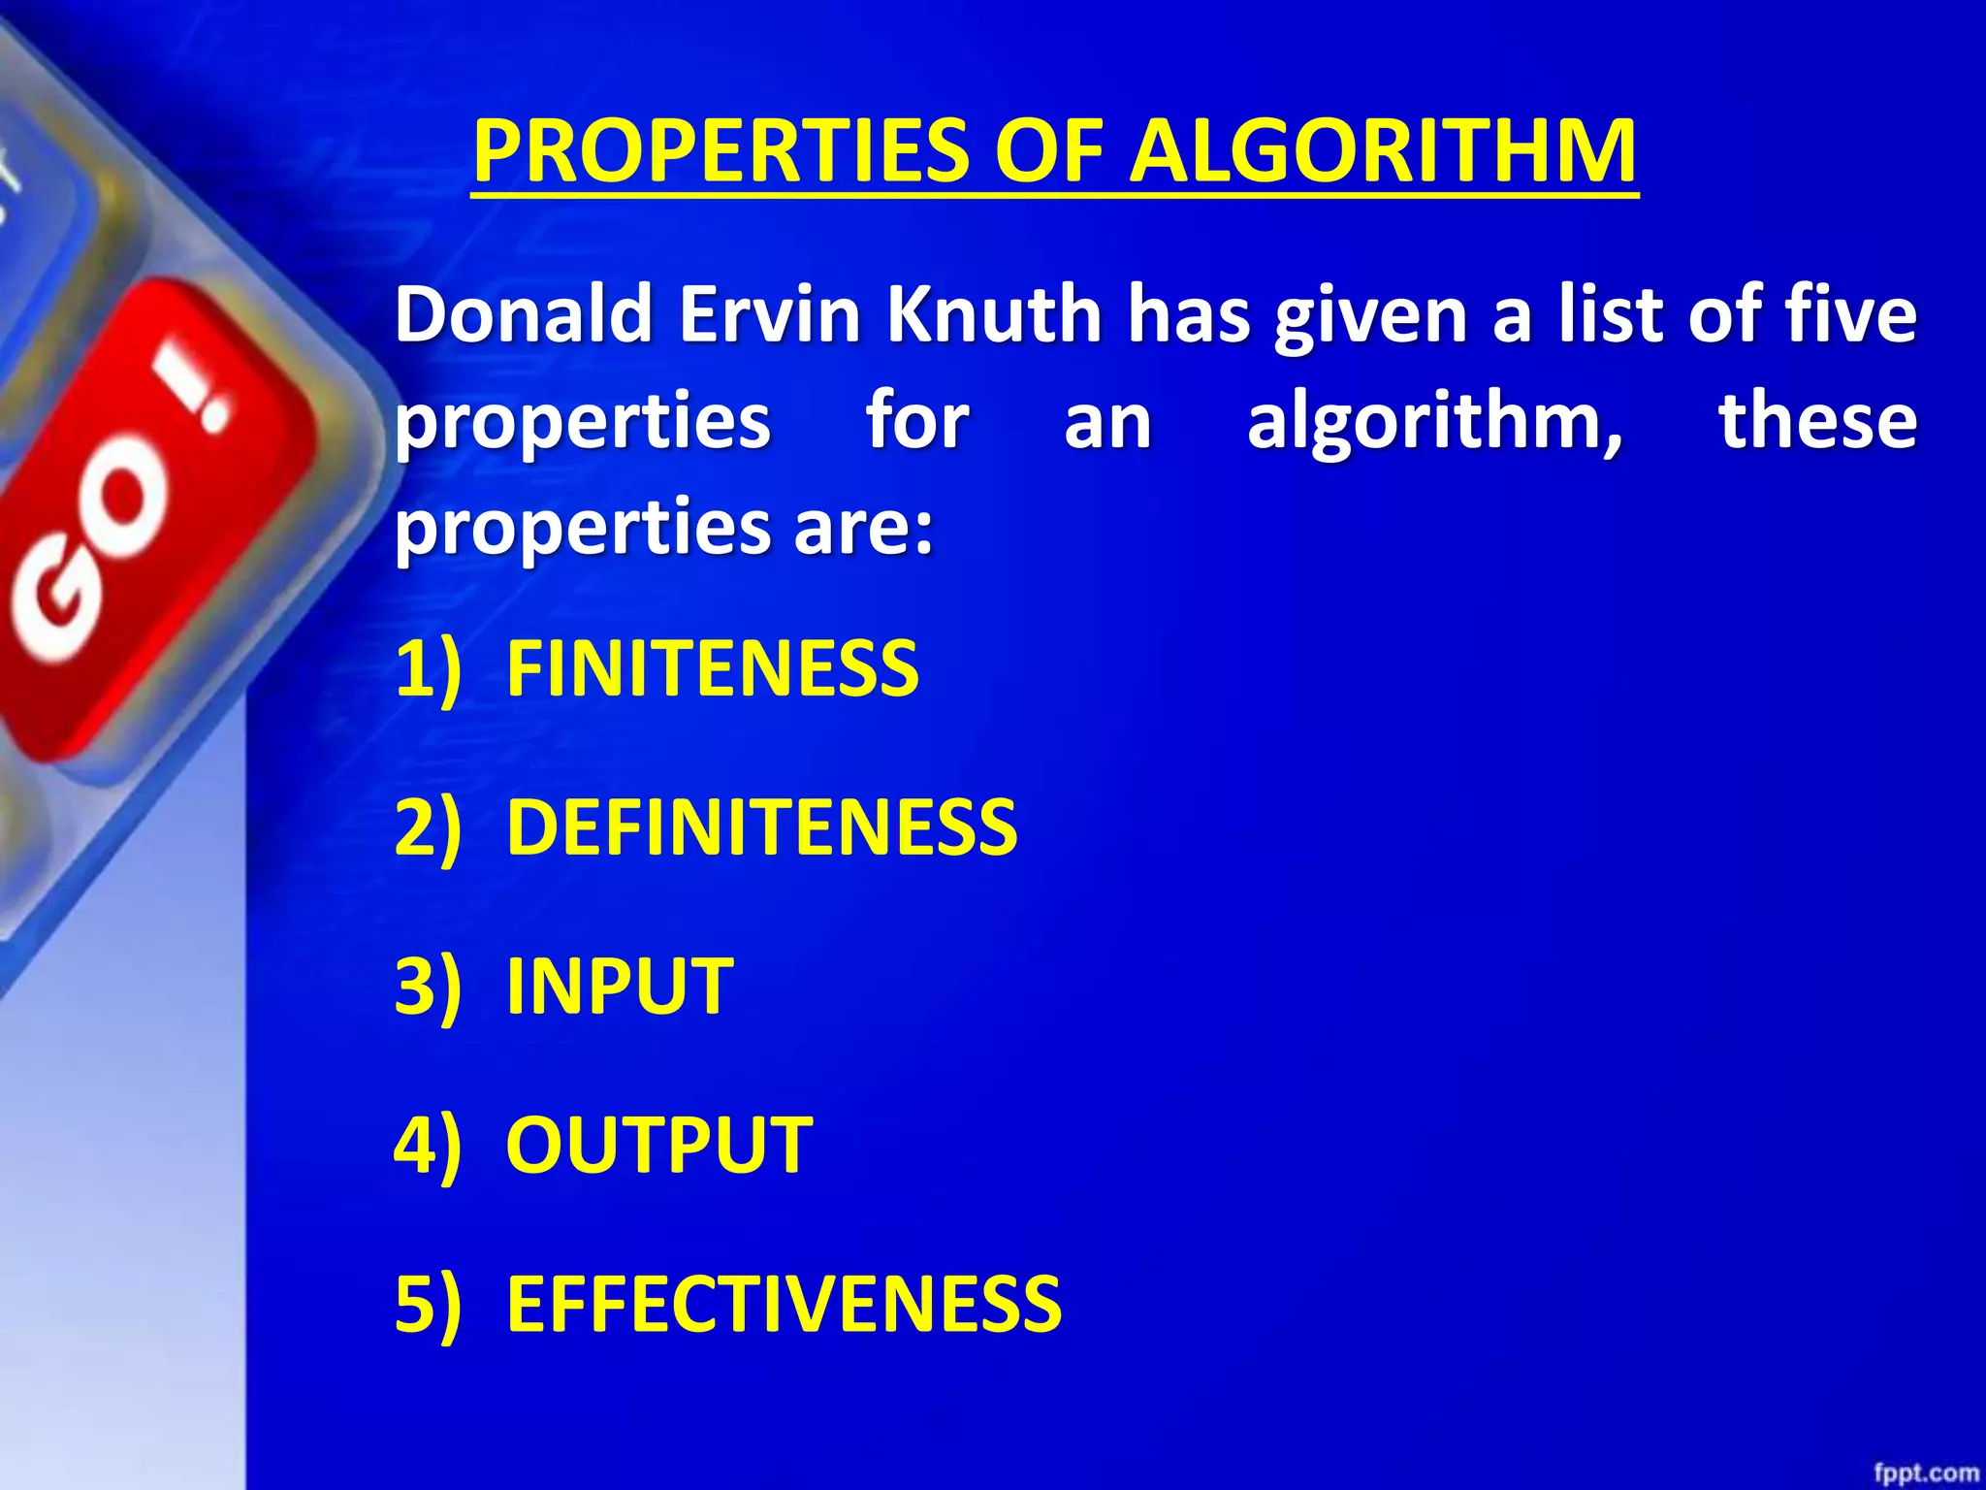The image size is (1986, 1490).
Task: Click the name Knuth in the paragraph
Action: tap(994, 314)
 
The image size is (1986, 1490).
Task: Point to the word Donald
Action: tap(523, 314)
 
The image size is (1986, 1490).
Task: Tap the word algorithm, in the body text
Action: tap(1435, 422)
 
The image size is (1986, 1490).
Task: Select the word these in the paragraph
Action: tap(1817, 422)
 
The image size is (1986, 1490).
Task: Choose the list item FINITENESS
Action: tap(712, 669)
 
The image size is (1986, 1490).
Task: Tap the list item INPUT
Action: tap(620, 986)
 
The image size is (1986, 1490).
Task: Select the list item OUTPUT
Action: tap(659, 1145)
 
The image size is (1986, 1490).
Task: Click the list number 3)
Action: tap(428, 986)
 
